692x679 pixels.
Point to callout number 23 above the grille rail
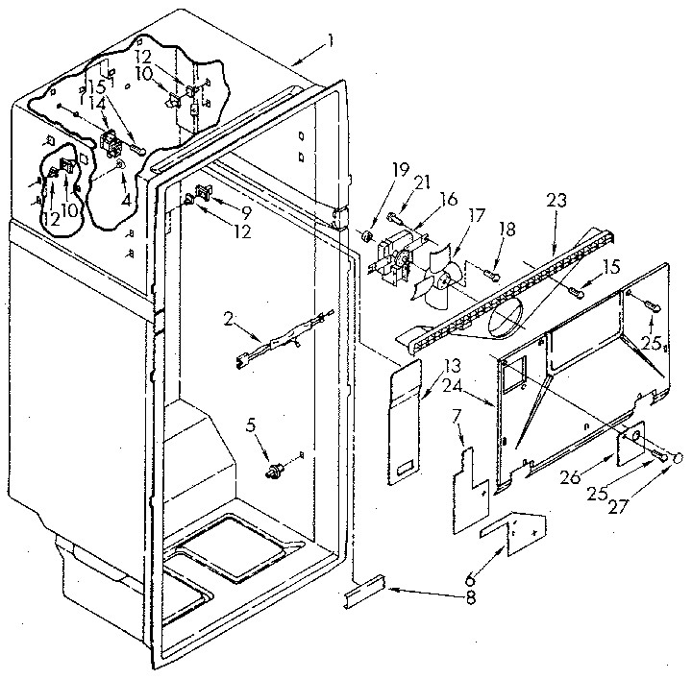point(556,201)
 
